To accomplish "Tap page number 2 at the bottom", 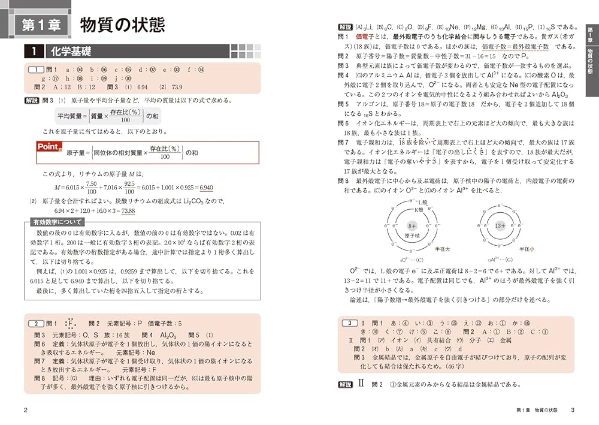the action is (25, 410).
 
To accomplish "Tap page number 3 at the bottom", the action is (573, 410).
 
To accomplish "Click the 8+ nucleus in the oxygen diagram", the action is (412, 226).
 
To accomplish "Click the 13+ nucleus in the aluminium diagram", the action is (501, 226).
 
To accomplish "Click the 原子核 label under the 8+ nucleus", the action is (412, 237).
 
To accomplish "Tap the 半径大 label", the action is (443, 248).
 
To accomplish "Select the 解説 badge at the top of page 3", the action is (345, 27).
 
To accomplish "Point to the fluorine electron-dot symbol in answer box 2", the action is (71, 324).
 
